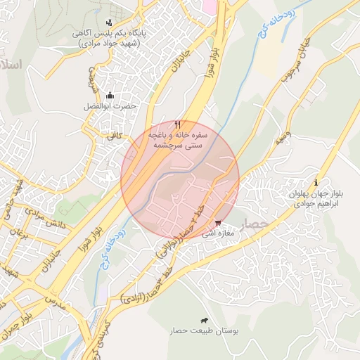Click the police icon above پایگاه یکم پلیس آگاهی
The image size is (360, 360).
point(109,22)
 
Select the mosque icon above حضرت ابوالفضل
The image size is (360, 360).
point(109,95)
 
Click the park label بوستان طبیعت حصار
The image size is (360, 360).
point(204,330)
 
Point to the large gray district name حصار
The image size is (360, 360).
point(255,224)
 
